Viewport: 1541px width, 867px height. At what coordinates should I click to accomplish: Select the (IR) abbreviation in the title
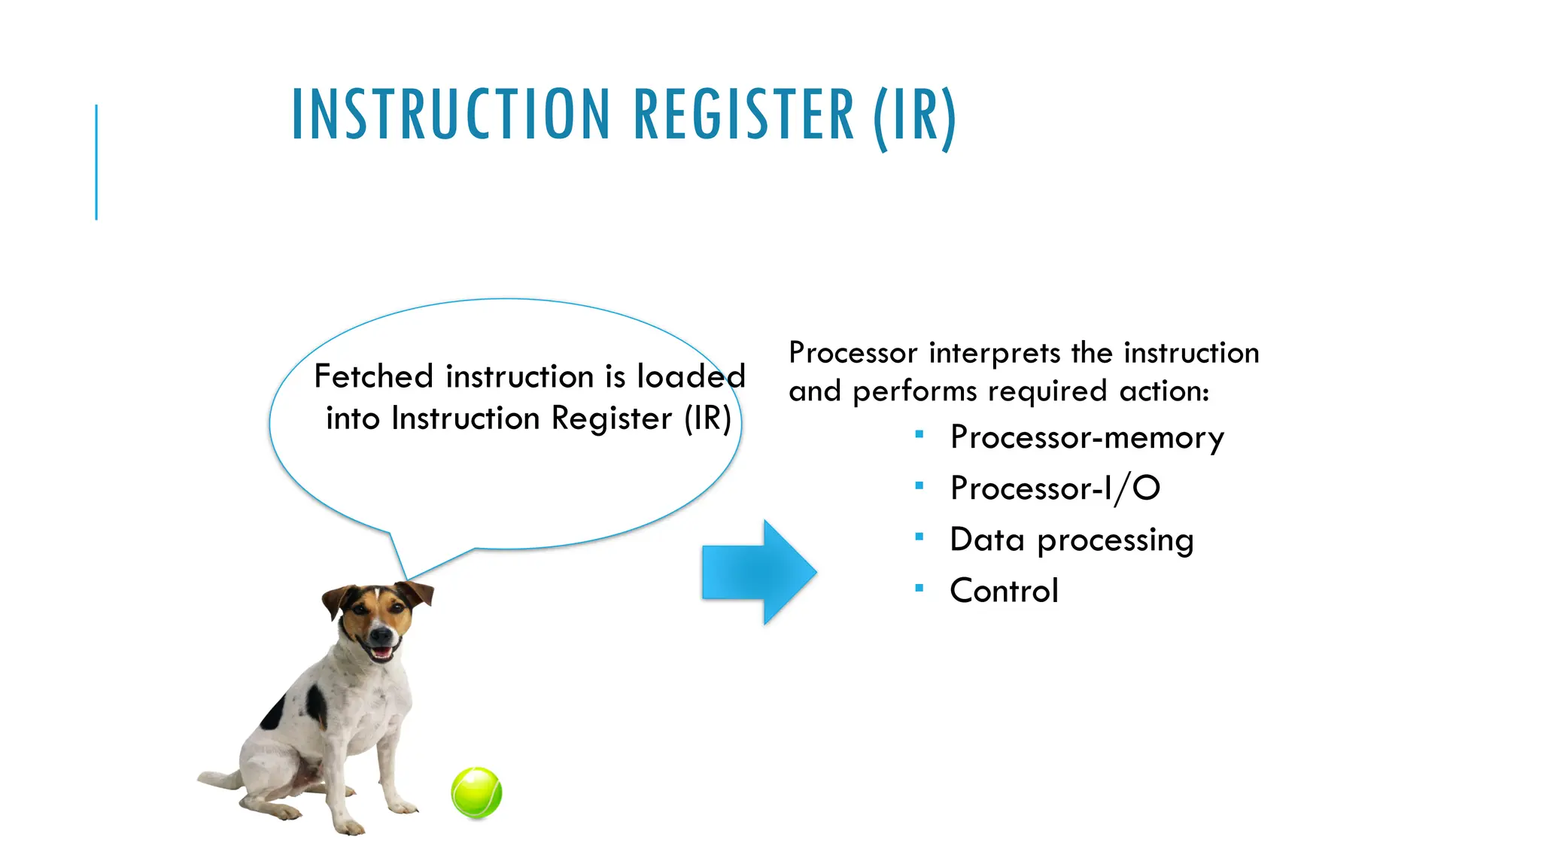pyautogui.click(x=914, y=117)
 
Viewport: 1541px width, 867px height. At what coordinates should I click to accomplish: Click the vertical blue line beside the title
pyautogui.click(x=96, y=162)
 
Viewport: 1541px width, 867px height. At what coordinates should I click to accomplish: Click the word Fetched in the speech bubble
pyautogui.click(x=373, y=376)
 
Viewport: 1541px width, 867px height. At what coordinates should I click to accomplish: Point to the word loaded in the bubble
pyautogui.click(x=691, y=376)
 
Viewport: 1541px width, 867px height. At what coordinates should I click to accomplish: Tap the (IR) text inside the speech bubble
pyautogui.click(x=707, y=418)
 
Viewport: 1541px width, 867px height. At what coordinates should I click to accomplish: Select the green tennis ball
pyautogui.click(x=476, y=792)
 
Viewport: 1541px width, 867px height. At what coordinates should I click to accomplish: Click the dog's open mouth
pyautogui.click(x=381, y=651)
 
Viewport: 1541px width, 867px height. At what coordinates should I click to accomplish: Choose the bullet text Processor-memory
pyautogui.click(x=1087, y=438)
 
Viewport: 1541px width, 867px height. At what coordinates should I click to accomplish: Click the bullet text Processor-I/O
pyautogui.click(x=1055, y=488)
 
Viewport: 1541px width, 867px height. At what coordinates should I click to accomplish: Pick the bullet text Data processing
pyautogui.click(x=1071, y=540)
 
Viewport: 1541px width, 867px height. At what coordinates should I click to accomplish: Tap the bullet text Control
pyautogui.click(x=1004, y=591)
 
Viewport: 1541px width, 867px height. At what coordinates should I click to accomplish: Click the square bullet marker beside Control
pyautogui.click(x=919, y=588)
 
